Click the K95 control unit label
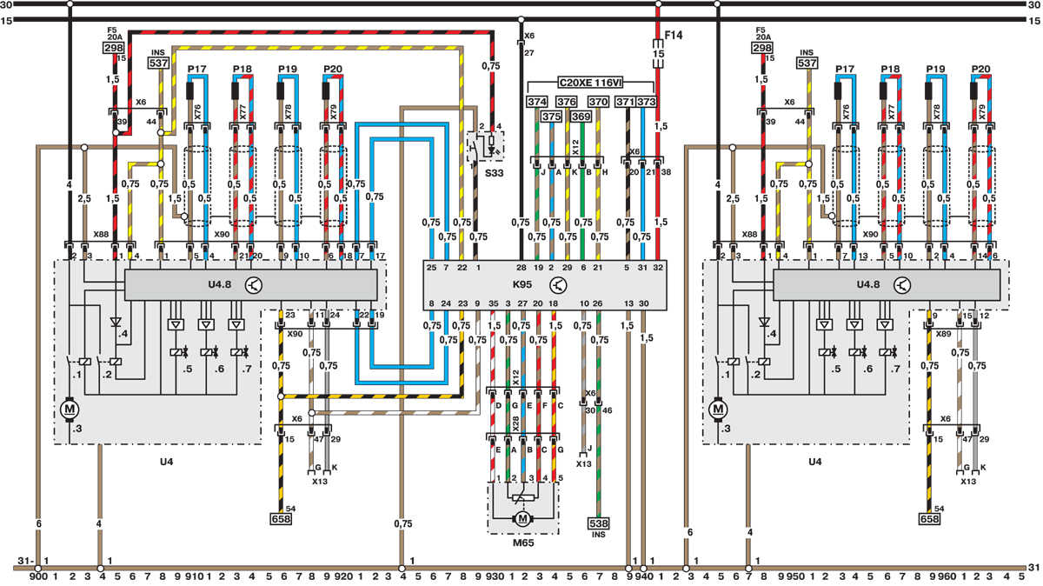pos(521,284)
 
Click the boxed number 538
pos(598,523)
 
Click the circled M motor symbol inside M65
pos(522,518)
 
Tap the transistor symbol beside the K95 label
pos(558,284)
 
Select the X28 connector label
pos(515,423)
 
